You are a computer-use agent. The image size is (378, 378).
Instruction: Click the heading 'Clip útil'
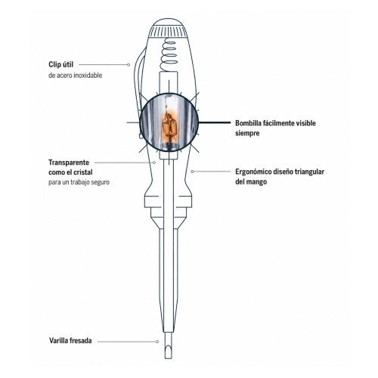click(x=61, y=65)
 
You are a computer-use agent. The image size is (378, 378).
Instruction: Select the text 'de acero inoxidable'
click(x=76, y=76)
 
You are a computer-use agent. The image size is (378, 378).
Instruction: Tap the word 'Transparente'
click(x=69, y=163)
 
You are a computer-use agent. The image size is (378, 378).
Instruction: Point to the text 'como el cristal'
click(x=70, y=172)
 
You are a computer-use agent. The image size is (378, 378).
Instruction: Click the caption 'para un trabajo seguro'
click(x=79, y=182)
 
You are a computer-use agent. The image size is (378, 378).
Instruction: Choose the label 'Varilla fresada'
click(x=70, y=341)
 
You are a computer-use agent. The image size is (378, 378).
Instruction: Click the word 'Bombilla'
click(x=248, y=123)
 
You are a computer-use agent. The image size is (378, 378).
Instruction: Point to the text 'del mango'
click(x=251, y=181)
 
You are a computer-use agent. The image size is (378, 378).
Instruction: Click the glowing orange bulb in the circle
click(x=169, y=127)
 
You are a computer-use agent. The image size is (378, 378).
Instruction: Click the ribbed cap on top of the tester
click(x=168, y=30)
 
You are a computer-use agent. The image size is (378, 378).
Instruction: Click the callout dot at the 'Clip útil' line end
click(x=129, y=65)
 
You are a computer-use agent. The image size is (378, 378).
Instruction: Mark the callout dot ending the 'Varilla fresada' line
click(x=157, y=342)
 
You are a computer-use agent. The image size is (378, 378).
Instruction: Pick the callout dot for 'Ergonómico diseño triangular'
click(x=192, y=172)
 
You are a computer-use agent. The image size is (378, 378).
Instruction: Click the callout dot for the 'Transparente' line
click(x=154, y=163)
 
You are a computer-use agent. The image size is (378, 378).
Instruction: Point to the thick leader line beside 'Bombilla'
click(x=215, y=122)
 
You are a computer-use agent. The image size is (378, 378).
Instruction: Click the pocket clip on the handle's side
click(x=138, y=88)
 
